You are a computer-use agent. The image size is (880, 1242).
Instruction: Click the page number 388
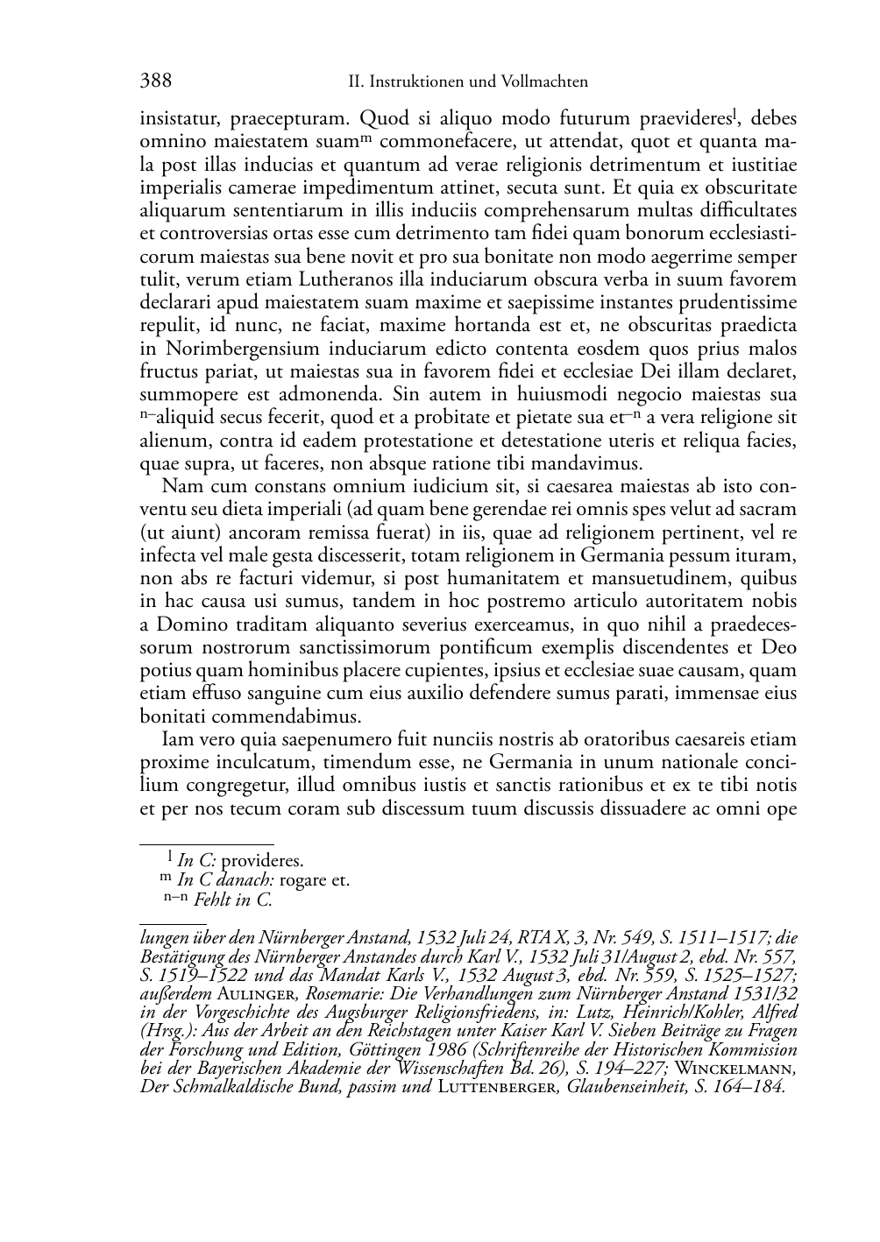[155, 81]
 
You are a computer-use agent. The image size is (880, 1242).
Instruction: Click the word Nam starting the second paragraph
[179, 487]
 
